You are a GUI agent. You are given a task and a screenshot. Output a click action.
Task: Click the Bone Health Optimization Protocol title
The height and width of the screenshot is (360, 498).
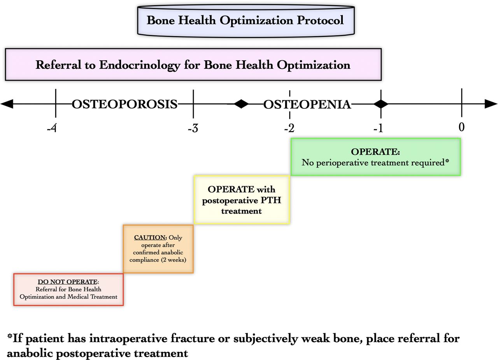pyautogui.click(x=245, y=21)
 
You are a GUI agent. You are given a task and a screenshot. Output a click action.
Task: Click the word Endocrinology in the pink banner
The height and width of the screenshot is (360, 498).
pyautogui.click(x=140, y=65)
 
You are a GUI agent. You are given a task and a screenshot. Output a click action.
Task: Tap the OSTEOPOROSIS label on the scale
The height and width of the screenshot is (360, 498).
pyautogui.click(x=124, y=104)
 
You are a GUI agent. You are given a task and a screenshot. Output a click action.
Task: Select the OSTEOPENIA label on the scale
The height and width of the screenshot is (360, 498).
pyautogui.click(x=307, y=105)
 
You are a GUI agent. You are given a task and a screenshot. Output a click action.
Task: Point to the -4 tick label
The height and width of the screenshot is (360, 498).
pyautogui.click(x=52, y=128)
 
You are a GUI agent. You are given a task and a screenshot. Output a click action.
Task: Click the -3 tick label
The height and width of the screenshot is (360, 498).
pyautogui.click(x=193, y=128)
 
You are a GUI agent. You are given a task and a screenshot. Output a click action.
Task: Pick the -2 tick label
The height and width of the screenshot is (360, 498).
pyautogui.click(x=289, y=128)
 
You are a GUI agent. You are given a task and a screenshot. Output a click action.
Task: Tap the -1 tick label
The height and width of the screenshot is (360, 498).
pyautogui.click(x=378, y=128)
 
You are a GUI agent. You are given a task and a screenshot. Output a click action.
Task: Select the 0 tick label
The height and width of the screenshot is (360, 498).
pyautogui.click(x=461, y=127)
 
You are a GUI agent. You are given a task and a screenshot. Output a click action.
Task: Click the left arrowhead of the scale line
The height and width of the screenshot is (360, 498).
pyautogui.click(x=7, y=104)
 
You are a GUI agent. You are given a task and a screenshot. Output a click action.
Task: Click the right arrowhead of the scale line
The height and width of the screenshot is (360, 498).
pyautogui.click(x=491, y=104)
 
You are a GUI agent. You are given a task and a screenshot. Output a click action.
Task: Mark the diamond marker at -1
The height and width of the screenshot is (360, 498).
pyautogui.click(x=381, y=104)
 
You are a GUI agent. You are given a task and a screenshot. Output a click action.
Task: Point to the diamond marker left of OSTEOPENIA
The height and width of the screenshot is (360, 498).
pyautogui.click(x=241, y=104)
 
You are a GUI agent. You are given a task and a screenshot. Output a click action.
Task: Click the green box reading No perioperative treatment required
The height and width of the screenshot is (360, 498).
pyautogui.click(x=375, y=157)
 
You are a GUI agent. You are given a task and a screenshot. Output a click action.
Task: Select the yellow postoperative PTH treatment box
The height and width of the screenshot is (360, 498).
pyautogui.click(x=242, y=199)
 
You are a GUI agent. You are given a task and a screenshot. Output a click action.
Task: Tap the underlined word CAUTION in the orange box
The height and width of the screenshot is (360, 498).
pyautogui.click(x=150, y=238)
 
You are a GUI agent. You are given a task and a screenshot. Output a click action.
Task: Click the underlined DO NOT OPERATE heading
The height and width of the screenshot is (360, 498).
pyautogui.click(x=68, y=282)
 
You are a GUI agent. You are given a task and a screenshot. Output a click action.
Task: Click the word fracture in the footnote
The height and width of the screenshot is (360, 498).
pyautogui.click(x=193, y=339)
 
